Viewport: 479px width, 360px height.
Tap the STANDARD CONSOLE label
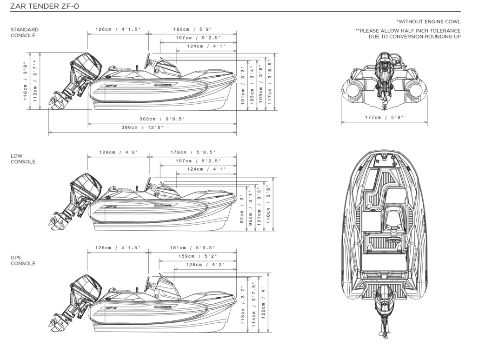[24, 33]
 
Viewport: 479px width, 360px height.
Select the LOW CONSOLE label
[23, 159]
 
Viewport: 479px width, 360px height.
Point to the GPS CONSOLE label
[23, 260]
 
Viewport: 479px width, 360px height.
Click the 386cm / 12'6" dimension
[143, 127]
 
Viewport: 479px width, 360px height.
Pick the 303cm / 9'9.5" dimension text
[162, 119]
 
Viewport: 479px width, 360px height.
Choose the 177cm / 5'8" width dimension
[384, 118]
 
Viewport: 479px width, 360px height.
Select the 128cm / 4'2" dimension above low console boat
[119, 152]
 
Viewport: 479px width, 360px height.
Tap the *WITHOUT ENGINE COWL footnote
[428, 21]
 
